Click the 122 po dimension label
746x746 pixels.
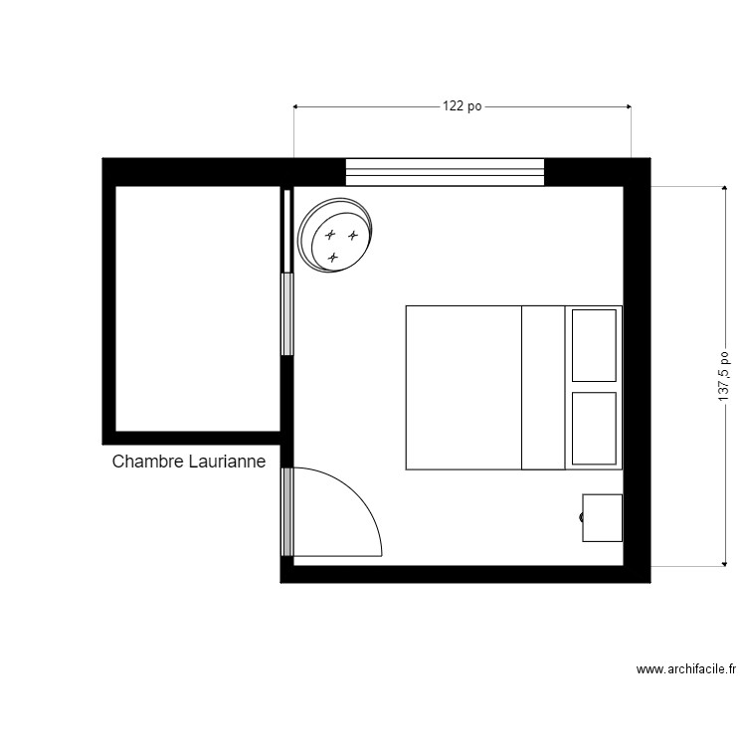point(462,106)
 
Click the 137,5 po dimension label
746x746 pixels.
point(724,376)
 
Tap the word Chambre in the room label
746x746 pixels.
point(148,461)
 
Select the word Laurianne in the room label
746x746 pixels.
point(227,461)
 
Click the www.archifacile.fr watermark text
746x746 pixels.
point(686,669)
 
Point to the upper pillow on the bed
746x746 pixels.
point(594,345)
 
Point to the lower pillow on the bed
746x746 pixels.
point(594,428)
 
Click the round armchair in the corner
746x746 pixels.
point(335,236)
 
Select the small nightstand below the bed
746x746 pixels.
point(602,517)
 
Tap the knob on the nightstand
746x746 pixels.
point(581,517)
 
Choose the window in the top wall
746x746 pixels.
point(445,172)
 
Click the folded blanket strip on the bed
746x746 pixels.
point(543,388)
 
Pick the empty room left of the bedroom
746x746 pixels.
point(198,308)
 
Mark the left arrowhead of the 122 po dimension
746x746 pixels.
point(295,106)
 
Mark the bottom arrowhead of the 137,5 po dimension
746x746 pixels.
point(724,564)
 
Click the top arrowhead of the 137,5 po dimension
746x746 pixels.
point(724,188)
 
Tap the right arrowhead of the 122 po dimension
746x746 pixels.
point(629,106)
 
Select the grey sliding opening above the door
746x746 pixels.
point(287,314)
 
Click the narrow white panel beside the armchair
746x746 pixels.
point(286,231)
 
